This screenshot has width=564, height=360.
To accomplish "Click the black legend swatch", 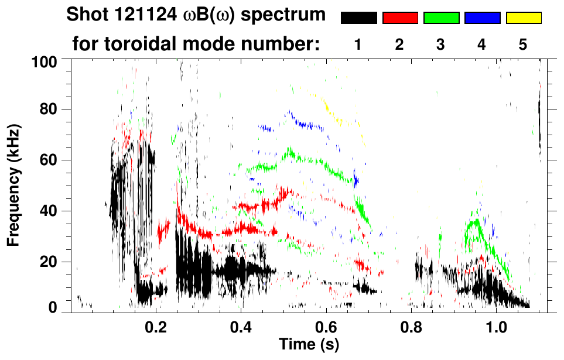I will pos(358,18).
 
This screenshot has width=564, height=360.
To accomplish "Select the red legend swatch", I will pos(400,18).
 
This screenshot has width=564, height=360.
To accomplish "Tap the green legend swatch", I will pos(441,18).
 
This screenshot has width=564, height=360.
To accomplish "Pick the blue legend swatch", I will pos(482,18).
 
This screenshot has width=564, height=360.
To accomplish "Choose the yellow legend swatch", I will pos(524,18).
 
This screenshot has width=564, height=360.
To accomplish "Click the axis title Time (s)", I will pos(309,344).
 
